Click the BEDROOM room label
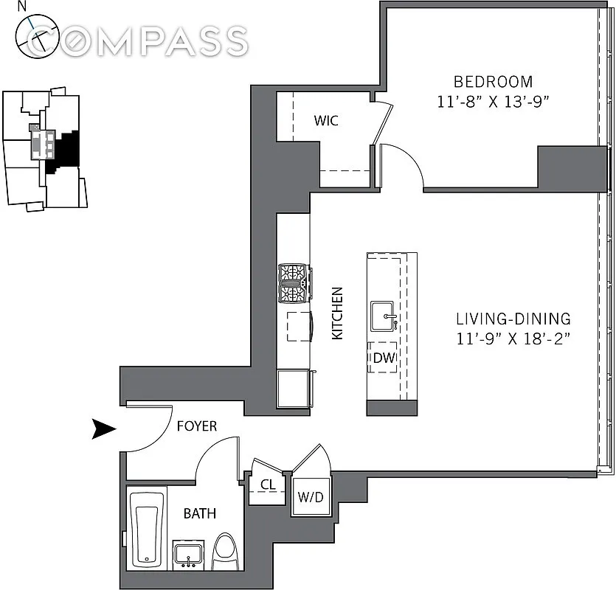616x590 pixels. [493, 82]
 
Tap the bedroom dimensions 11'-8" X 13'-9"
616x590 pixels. [493, 102]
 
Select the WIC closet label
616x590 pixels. [326, 121]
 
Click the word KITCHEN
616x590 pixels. [337, 313]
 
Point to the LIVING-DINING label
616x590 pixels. [513, 319]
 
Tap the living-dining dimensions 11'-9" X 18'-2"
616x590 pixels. [513, 339]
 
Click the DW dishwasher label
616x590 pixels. [384, 358]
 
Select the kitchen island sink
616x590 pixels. [382, 316]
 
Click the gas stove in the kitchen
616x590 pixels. [294, 283]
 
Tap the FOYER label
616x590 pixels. [197, 426]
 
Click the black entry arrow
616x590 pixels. [104, 428]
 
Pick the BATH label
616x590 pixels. [200, 513]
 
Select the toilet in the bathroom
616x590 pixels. [226, 552]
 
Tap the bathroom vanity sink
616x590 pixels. [188, 555]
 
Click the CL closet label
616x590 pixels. [268, 485]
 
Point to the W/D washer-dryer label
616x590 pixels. [311, 497]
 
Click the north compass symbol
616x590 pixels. [38, 37]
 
